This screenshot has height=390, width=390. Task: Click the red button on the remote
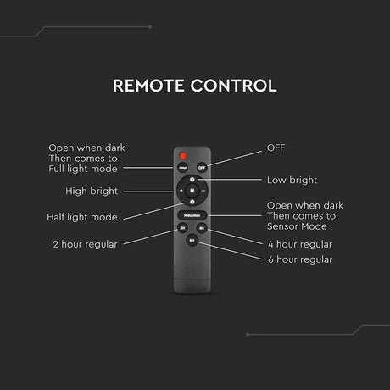tap(182, 155)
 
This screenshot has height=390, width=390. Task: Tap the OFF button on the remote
tap(202, 168)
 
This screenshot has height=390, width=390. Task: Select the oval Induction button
tap(192, 215)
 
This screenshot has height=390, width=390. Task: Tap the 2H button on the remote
tap(182, 228)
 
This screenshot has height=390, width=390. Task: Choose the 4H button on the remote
tap(202, 228)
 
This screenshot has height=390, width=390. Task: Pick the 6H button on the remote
tap(192, 241)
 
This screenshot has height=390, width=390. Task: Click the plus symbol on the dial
tap(181, 191)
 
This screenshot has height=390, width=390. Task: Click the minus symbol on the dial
tap(203, 191)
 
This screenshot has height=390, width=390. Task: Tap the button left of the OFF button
tap(182, 168)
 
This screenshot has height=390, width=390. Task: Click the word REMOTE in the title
tap(148, 86)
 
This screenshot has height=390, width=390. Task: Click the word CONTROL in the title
tap(233, 86)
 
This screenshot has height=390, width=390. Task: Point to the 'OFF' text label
tap(276, 148)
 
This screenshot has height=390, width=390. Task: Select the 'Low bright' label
tap(292, 180)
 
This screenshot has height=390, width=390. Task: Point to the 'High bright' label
tap(92, 192)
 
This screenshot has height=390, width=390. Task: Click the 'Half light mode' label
tap(82, 217)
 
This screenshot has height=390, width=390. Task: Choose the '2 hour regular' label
tap(85, 244)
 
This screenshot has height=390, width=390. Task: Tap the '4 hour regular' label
tap(300, 244)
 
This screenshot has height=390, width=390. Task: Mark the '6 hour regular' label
tap(300, 259)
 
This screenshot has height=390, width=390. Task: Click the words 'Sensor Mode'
tap(297, 226)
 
